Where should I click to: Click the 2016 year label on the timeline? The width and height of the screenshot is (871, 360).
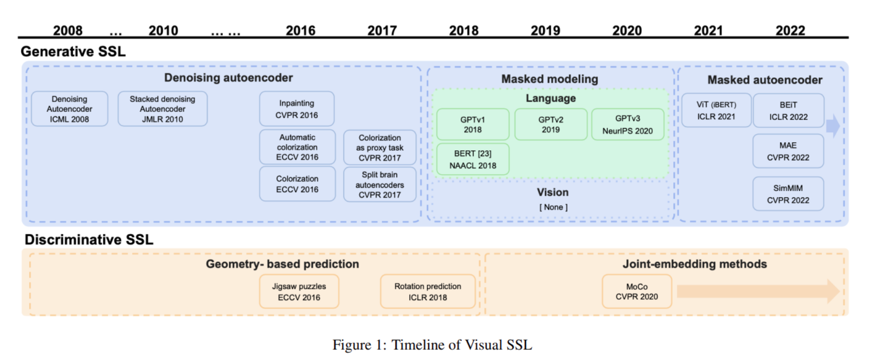tap(300, 30)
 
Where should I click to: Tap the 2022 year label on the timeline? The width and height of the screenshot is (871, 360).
tap(790, 30)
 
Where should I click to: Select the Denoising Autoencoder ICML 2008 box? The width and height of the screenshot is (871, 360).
tap(69, 109)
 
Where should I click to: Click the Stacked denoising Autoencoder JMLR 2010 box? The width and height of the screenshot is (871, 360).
tap(162, 109)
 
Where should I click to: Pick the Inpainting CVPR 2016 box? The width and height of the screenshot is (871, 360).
tap(296, 109)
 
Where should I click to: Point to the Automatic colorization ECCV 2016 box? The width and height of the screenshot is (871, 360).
tap(297, 147)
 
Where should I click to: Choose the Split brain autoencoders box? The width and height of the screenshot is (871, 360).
tap(379, 185)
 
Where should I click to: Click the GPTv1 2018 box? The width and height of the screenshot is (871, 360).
tap(472, 124)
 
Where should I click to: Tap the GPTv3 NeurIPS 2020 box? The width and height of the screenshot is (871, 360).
tap(627, 124)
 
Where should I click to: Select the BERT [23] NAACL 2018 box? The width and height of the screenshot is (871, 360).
tap(472, 159)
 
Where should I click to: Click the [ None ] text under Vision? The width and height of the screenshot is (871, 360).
tap(553, 207)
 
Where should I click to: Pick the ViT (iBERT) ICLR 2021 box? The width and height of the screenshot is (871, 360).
tap(716, 111)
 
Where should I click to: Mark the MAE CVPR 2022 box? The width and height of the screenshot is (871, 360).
tap(788, 151)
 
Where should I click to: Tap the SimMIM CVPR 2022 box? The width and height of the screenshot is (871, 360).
tap(788, 194)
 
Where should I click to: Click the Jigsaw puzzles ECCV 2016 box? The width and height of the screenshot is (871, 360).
tap(299, 292)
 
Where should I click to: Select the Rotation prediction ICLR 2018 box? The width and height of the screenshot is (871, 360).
tap(428, 292)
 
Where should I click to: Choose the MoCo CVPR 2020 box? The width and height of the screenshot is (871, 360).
tap(637, 292)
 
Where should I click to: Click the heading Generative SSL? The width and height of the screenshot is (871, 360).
tap(73, 51)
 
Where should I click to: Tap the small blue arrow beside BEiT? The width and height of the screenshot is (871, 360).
tap(833, 126)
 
